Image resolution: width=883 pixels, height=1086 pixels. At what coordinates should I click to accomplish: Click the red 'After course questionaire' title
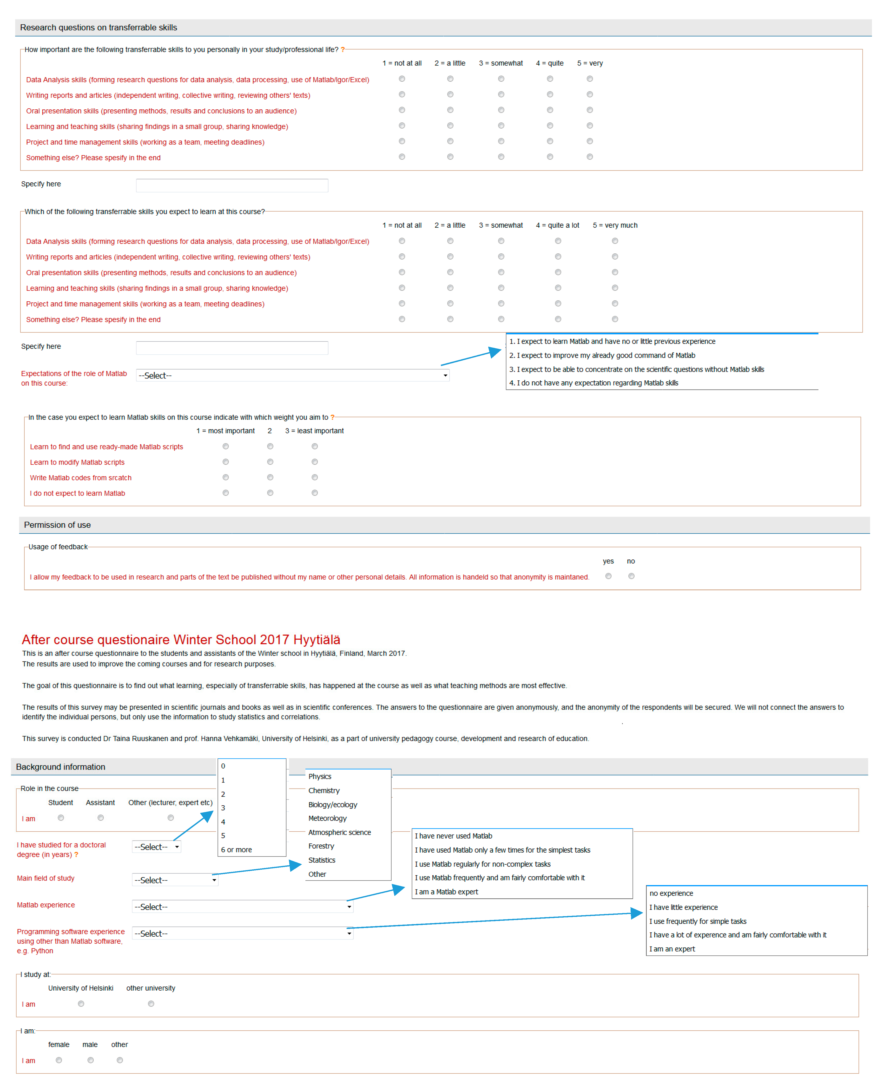coord(181,639)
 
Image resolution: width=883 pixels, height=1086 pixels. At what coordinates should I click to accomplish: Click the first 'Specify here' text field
coord(232,185)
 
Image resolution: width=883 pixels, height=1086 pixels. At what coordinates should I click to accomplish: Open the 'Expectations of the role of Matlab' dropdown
coord(292,375)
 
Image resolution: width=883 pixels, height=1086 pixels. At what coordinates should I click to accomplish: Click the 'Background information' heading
coord(60,767)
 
